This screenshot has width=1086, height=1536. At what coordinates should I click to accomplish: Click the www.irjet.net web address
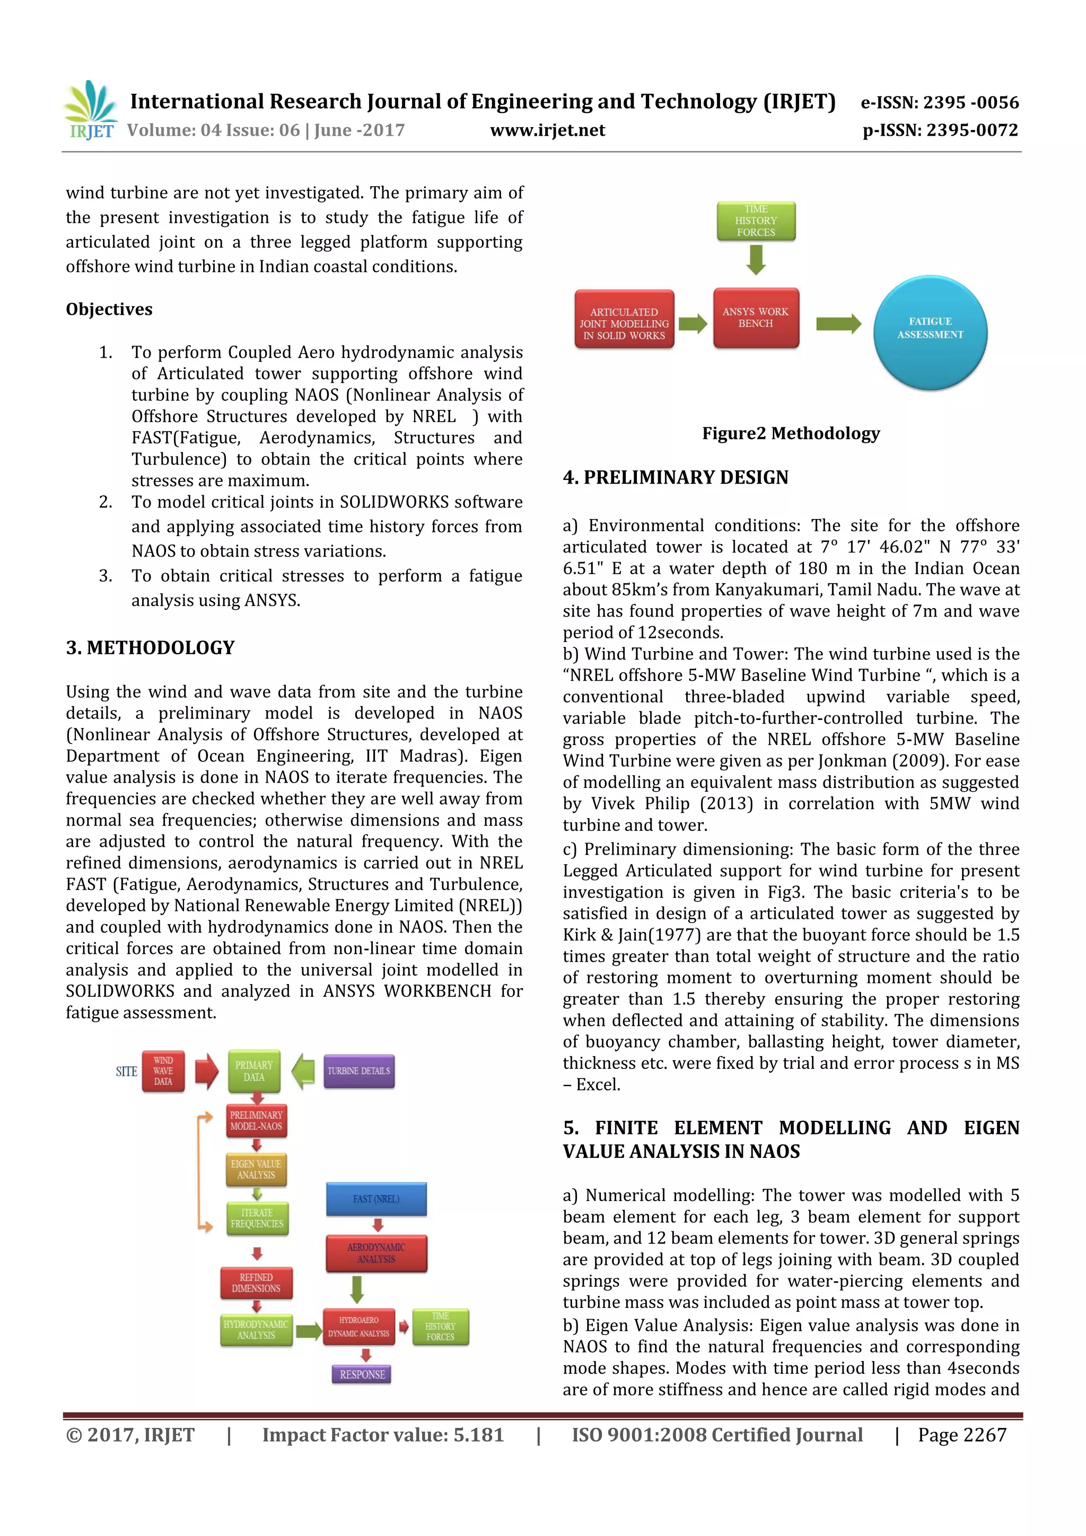coord(547,130)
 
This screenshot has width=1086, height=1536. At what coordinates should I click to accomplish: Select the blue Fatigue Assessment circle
coord(930,332)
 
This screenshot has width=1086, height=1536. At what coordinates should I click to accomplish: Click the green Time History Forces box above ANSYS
coord(756,221)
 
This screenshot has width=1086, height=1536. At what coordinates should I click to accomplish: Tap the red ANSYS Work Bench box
coord(756,318)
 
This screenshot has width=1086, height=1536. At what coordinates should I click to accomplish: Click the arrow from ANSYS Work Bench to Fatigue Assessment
coord(838,324)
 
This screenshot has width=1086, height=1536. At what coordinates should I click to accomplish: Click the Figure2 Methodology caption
coord(790,434)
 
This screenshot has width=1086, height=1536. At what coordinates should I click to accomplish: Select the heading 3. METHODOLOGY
coord(150,647)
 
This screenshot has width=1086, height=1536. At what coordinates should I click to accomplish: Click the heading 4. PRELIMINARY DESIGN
coord(675,477)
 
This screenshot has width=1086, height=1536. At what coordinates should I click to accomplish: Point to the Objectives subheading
coord(109,309)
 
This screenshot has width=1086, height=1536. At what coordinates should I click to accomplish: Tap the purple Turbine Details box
coord(358,1071)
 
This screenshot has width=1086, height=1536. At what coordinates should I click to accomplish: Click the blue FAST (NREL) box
coord(376,1199)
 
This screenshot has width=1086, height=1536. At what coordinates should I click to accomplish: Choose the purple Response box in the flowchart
coord(362,1374)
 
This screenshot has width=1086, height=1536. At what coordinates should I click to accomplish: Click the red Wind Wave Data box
coord(163,1071)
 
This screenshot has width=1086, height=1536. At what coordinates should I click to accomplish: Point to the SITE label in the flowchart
coord(126,1072)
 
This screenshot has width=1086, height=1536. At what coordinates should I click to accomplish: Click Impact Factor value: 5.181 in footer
coord(383,1435)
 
